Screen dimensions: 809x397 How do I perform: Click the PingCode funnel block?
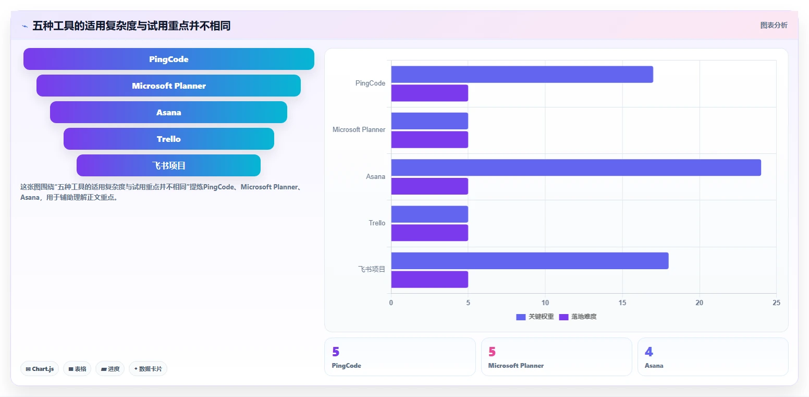pos(169,59)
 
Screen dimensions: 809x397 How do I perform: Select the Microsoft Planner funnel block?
pos(169,86)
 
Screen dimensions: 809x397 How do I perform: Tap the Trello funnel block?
pos(169,139)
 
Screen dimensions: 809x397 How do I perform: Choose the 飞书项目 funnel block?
pos(169,165)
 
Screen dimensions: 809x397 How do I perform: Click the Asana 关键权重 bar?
pos(576,167)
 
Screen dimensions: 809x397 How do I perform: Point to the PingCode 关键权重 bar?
pos(522,74)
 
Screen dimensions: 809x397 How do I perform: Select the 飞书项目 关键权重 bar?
pos(530,261)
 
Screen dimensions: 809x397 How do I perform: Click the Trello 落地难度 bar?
pos(430,233)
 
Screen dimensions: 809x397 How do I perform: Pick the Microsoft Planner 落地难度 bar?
pos(430,140)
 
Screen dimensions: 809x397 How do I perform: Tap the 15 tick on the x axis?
pos(622,303)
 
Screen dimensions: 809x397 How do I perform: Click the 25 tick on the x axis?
pos(777,303)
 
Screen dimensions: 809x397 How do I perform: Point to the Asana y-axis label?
pos(376,176)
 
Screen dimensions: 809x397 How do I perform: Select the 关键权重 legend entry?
pos(535,317)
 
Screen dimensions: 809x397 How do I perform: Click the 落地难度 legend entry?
pos(578,317)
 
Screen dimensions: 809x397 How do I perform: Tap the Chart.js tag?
pos(40,369)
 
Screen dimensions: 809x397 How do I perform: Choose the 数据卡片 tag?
pos(148,369)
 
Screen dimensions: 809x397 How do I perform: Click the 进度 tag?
pos(110,369)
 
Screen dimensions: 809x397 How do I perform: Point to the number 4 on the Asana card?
pos(648,352)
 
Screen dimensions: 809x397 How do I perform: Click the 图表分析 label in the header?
pos(774,26)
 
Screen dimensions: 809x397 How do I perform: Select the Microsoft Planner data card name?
pos(516,366)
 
